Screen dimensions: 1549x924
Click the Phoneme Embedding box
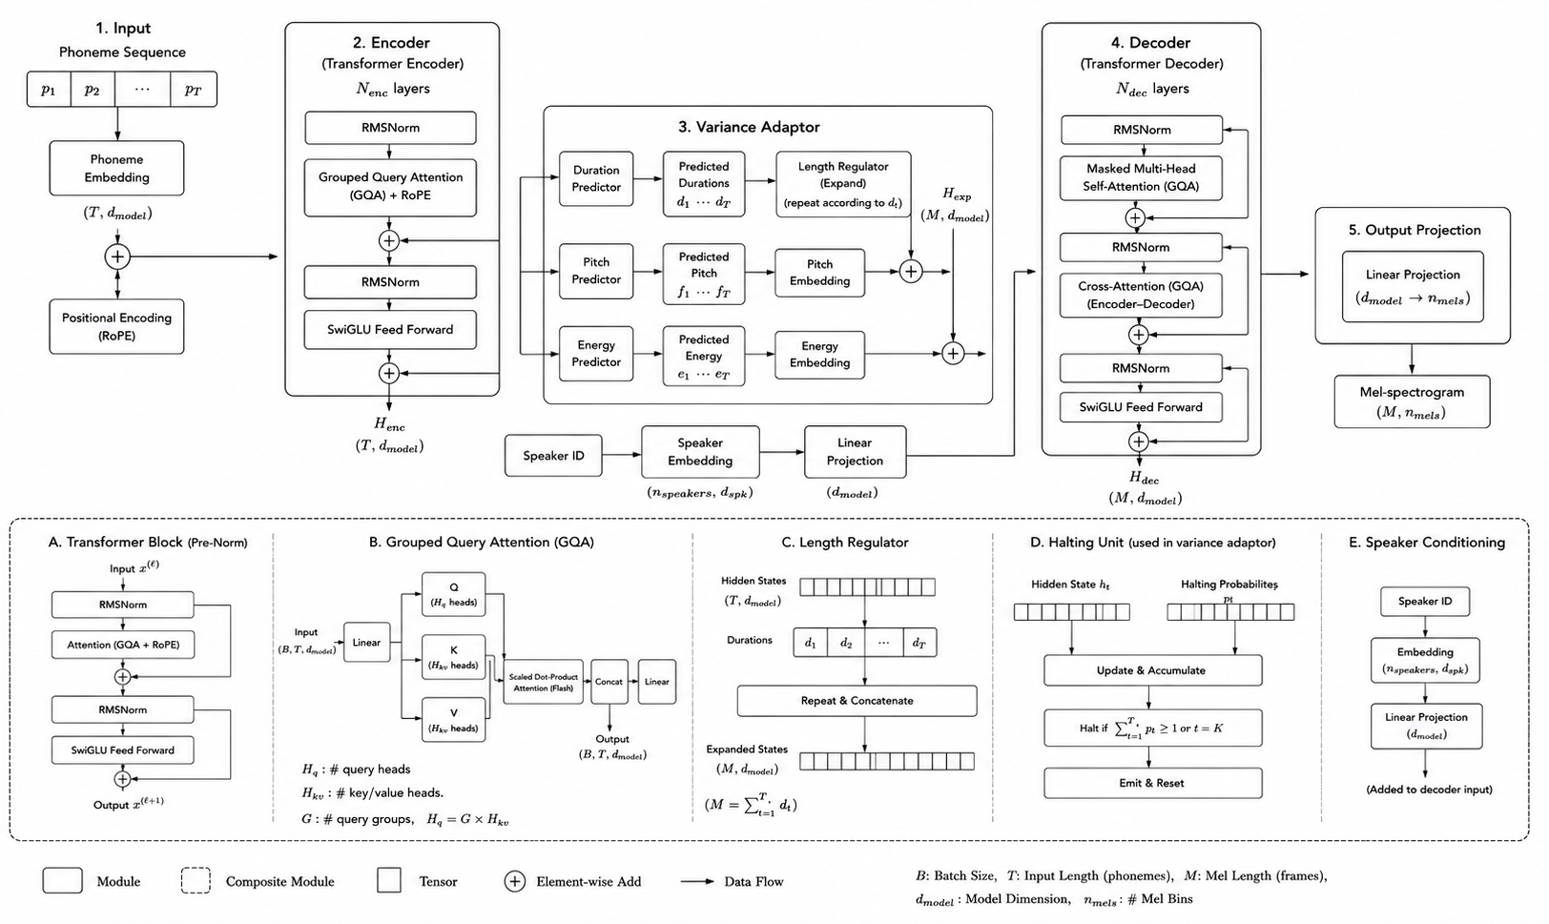pyautogui.click(x=116, y=168)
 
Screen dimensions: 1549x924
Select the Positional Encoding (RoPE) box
pyautogui.click(x=116, y=326)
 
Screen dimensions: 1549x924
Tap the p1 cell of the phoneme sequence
pyautogui.click(x=49, y=89)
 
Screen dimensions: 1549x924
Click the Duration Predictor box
pyautogui.click(x=596, y=178)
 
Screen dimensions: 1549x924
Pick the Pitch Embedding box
pyautogui.click(x=819, y=273)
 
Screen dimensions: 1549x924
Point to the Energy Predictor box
pyautogui.click(x=596, y=353)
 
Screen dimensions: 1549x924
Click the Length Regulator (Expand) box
pyautogui.click(x=843, y=184)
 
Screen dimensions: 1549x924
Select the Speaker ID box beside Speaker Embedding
pyautogui.click(x=553, y=456)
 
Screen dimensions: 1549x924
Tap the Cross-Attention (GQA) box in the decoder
pyautogui.click(x=1141, y=295)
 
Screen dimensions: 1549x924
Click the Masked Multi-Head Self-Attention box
pyautogui.click(x=1141, y=177)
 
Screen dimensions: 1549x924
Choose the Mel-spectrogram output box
pyautogui.click(x=1412, y=401)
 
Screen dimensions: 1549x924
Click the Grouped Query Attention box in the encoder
pyautogui.click(x=390, y=187)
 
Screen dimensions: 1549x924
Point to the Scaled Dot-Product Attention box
pyautogui.click(x=543, y=682)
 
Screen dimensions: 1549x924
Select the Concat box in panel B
pyautogui.click(x=609, y=682)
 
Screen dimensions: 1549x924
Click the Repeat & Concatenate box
pyautogui.click(x=857, y=701)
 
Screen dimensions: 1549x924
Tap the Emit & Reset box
pyautogui.click(x=1153, y=783)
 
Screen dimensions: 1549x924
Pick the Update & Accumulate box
pyautogui.click(x=1153, y=670)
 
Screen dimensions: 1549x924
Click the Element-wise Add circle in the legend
pyautogui.click(x=514, y=881)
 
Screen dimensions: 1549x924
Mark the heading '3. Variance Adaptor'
pyautogui.click(x=749, y=127)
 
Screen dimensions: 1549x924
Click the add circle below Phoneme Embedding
pyautogui.click(x=117, y=257)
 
